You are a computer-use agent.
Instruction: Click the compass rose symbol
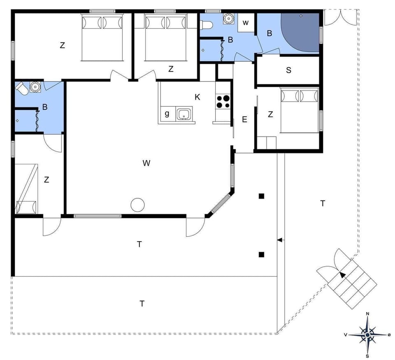tap(367, 334)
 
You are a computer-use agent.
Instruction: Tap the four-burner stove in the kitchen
tap(223, 102)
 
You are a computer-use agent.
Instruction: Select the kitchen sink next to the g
tap(184, 114)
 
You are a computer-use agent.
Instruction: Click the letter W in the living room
tap(146, 163)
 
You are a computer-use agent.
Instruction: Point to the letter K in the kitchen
tap(197, 97)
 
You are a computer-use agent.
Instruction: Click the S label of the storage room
tap(288, 70)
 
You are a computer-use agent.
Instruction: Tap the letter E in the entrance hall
tap(244, 120)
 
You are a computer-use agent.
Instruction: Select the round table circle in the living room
tap(137, 204)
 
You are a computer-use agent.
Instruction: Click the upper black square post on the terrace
tap(261, 196)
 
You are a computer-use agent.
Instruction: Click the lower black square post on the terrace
tap(261, 255)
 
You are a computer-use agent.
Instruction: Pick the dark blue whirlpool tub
tap(301, 32)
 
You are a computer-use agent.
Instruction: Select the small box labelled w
tap(246, 23)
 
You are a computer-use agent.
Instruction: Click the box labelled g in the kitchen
tap(167, 114)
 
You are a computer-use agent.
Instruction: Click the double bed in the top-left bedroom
tap(102, 37)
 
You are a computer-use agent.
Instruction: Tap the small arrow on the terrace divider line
tap(279, 240)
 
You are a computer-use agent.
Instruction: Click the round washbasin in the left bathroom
tap(35, 87)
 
